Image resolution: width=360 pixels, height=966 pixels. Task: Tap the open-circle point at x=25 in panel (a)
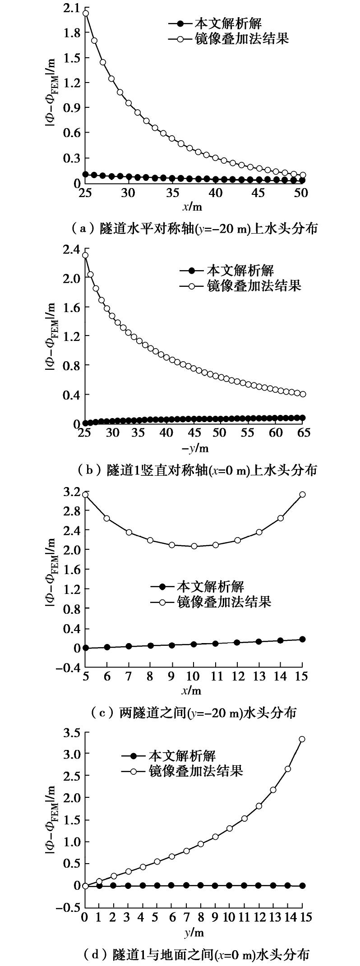point(85,13)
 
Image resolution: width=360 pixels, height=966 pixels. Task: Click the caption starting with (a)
point(194,229)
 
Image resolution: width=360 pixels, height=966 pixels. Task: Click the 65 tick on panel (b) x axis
point(303,433)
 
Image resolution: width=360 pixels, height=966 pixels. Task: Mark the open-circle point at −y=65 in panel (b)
point(303,394)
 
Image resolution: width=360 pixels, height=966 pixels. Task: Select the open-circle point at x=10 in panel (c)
point(194,546)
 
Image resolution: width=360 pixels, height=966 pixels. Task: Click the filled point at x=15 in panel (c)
point(302,639)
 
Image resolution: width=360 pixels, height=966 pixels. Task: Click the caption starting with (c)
point(194,713)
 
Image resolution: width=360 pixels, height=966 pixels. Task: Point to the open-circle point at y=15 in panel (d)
point(302,739)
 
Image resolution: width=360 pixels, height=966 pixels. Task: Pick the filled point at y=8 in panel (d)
point(200,885)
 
